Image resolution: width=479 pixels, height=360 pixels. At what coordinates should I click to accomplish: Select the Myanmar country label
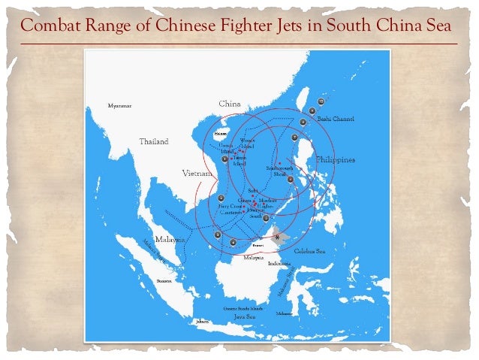[x=119, y=106]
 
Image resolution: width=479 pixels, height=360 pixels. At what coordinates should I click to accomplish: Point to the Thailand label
[x=153, y=141]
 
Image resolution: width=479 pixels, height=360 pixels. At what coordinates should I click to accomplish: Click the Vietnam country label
[x=198, y=174]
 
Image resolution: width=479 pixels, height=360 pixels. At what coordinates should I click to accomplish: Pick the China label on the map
[x=230, y=103]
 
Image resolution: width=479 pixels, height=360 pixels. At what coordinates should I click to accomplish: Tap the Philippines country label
[x=335, y=160]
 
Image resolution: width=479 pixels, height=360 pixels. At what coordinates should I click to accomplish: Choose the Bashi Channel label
[x=335, y=119]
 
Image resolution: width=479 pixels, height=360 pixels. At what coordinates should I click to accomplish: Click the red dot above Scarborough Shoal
[x=280, y=163]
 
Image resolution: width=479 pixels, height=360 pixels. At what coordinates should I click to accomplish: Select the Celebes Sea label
[x=309, y=251]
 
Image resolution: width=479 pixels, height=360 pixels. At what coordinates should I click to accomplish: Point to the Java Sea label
[x=244, y=317]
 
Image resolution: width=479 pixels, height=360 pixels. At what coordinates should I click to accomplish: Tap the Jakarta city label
[x=202, y=322]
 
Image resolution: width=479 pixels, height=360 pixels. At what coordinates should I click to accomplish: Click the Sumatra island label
[x=164, y=281]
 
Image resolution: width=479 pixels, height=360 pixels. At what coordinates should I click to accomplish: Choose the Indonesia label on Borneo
[x=280, y=264]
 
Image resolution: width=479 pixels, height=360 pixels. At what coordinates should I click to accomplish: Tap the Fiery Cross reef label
[x=229, y=206]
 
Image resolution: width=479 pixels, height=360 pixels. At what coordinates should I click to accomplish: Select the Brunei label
[x=258, y=245]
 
